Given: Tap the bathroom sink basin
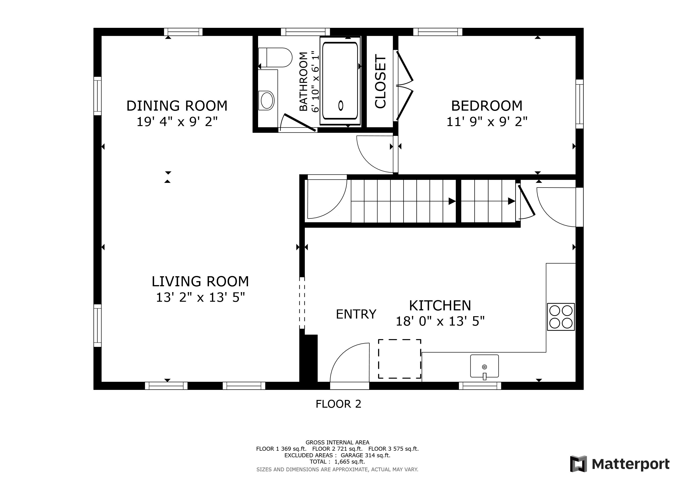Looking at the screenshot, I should (267, 100).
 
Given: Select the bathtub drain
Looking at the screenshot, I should (341, 105).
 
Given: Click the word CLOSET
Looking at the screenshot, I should (380, 81).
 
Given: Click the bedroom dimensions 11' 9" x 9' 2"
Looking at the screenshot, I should (486, 122).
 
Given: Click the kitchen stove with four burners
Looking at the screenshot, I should (561, 317).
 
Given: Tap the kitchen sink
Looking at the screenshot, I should (484, 366).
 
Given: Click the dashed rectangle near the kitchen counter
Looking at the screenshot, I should (400, 359).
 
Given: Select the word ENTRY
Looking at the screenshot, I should (356, 314).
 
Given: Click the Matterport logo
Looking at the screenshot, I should (619, 464).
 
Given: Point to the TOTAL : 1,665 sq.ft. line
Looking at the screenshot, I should (337, 462).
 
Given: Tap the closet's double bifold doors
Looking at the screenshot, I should (405, 86).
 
